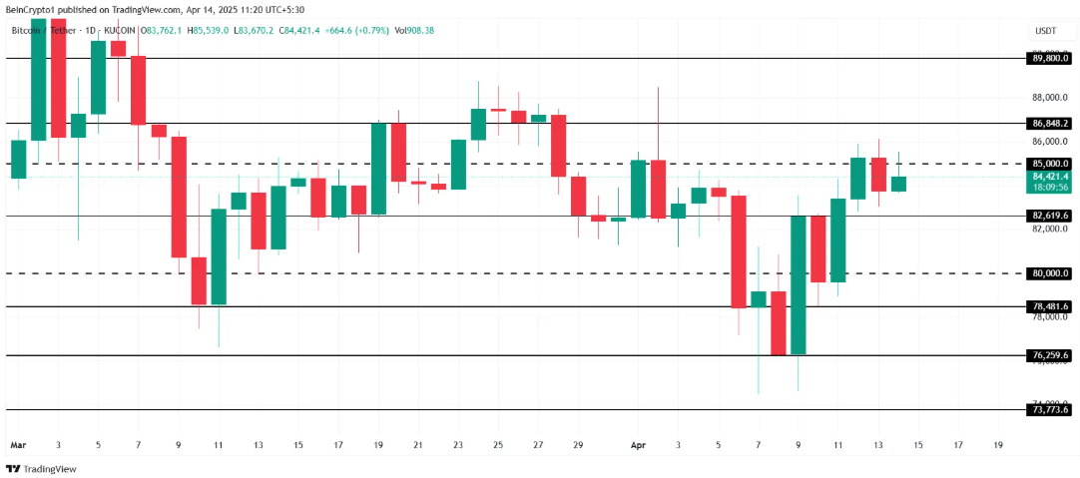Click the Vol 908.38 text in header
(x=415, y=31)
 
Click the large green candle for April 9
(x=798, y=284)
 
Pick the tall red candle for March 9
(x=179, y=197)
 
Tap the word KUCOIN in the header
(x=119, y=31)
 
